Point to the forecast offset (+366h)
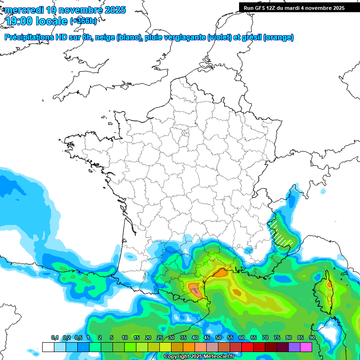tap(83, 21)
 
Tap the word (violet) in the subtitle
tap(220, 37)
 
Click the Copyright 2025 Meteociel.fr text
tap(199, 356)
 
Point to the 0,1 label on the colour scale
tap(55, 338)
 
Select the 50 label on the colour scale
tap(218, 338)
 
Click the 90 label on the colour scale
tap(312, 338)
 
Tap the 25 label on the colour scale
tap(160, 338)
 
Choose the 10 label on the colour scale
tap(125, 338)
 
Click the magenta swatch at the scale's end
tap(306, 347)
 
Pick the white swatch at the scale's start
tap(48, 347)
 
